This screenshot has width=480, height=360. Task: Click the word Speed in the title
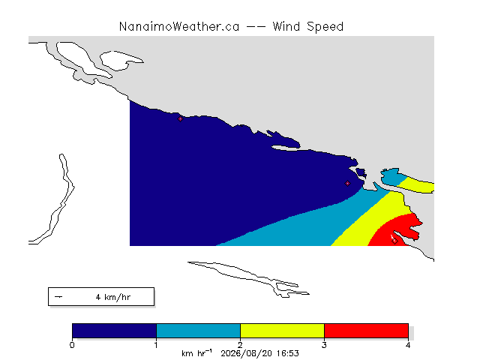(325, 27)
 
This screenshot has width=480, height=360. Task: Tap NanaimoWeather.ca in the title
(179, 27)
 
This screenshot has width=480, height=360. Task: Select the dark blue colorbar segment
(114, 331)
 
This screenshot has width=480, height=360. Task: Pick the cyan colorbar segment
(198, 331)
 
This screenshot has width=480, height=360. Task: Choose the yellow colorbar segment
(282, 331)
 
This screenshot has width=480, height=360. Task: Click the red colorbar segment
(366, 331)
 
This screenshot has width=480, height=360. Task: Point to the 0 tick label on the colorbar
(72, 345)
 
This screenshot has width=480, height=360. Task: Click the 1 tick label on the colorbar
(156, 345)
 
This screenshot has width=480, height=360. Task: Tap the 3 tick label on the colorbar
(324, 345)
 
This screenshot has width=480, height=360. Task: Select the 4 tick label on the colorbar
(408, 345)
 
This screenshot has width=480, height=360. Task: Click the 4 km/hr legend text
(113, 297)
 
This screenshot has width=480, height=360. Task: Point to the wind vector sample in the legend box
(58, 297)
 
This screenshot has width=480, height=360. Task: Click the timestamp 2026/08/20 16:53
(259, 353)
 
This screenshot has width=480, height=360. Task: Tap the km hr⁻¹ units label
(196, 353)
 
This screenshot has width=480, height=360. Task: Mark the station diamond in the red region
(394, 241)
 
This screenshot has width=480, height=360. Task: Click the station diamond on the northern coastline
(180, 118)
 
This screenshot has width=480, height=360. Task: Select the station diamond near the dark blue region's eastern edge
(347, 183)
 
